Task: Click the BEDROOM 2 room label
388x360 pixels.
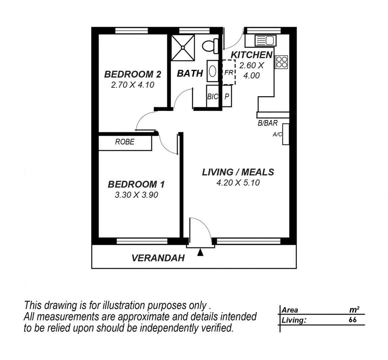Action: coord(133,74)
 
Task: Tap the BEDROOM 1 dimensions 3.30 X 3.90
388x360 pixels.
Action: coord(136,195)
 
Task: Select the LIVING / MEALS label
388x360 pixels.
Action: coord(238,172)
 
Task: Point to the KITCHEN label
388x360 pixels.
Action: coord(251,55)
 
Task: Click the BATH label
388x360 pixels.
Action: coord(190,73)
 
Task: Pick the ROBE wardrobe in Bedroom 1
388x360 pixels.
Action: coord(125,142)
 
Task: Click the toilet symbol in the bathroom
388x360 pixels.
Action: coord(209,45)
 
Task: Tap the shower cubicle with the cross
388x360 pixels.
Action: coord(183,48)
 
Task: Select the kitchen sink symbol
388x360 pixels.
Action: coord(265,41)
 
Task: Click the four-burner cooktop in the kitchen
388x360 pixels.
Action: coord(281,62)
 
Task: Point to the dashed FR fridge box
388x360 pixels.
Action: coord(229,72)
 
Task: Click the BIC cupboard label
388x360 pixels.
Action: coord(212,97)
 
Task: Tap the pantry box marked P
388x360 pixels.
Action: coord(227,97)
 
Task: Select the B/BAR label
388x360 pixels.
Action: coord(267,123)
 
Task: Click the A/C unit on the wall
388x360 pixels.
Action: coord(285,134)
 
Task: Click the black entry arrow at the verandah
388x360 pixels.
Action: coord(200,253)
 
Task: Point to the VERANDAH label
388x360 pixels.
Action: coord(158,258)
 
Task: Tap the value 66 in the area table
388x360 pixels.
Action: coord(352,320)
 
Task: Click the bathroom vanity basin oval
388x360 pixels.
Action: coord(212,71)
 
